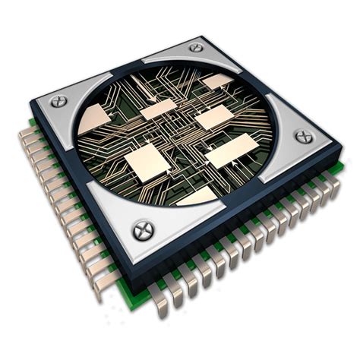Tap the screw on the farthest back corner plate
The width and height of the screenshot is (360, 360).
[196, 47]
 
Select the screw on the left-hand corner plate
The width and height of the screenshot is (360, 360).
[59, 100]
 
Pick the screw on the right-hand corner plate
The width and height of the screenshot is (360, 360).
[303, 137]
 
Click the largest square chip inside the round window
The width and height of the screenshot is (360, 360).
[147, 161]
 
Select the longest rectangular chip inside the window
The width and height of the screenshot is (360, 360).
[227, 155]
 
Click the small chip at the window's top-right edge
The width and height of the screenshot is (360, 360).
[219, 81]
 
